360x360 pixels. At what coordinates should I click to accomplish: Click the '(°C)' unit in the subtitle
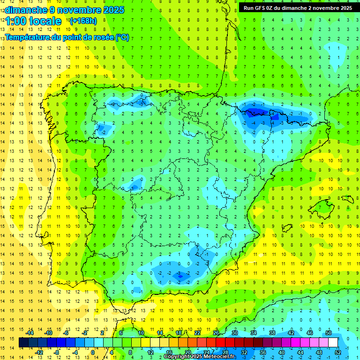tap(122, 37)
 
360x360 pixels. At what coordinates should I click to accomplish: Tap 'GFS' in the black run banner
tap(262, 8)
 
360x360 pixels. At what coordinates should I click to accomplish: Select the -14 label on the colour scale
tap(29, 333)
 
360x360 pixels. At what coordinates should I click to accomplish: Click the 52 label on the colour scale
tap(338, 352)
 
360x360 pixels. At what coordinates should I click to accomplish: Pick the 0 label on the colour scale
tap(92, 352)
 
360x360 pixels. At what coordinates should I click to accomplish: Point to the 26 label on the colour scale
tap(216, 333)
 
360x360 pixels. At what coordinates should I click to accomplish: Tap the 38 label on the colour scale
tap(272, 333)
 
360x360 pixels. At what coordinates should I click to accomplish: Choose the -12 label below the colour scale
tap(39, 352)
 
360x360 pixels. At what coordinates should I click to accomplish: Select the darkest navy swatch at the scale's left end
tap(23, 343)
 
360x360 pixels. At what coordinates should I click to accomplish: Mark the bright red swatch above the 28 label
tap(225, 343)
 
